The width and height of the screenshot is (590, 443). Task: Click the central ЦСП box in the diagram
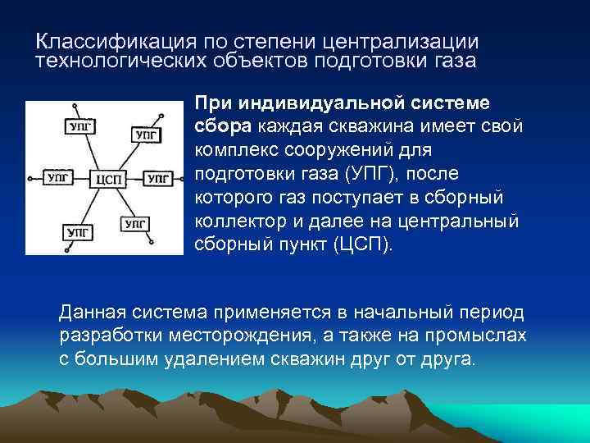tap(109, 177)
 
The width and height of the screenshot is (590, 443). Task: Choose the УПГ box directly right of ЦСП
tap(159, 177)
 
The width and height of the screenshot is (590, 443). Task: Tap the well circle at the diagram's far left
tap(30, 177)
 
